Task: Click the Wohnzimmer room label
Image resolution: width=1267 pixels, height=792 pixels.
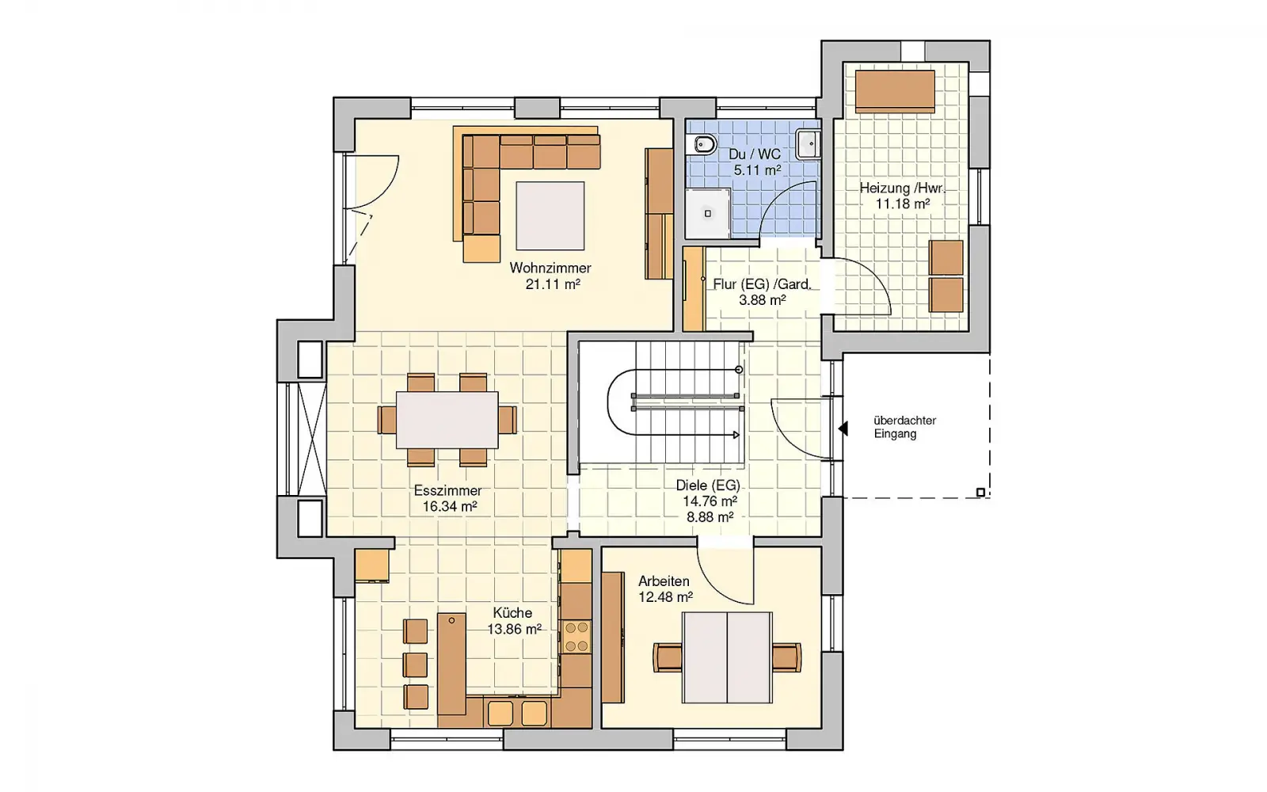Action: point(550,268)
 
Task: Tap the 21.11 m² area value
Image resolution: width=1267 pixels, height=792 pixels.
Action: point(553,284)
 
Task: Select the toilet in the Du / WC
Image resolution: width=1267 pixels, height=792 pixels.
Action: point(702,145)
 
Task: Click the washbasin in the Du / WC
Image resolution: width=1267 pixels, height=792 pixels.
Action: point(808,143)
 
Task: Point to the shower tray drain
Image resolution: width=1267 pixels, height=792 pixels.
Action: point(708,214)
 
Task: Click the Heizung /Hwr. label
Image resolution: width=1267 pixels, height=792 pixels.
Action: point(902,188)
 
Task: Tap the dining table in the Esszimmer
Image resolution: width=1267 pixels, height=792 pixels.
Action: point(447,420)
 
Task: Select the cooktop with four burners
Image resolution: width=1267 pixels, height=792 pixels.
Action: point(576,637)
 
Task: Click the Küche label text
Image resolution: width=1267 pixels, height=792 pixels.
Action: point(512,613)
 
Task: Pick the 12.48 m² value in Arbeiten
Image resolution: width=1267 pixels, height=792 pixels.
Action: point(666,597)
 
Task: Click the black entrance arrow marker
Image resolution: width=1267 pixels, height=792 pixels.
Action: point(843,428)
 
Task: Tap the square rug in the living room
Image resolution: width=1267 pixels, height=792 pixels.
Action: point(550,215)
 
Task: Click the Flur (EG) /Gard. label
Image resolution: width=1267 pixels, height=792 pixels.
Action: point(762,284)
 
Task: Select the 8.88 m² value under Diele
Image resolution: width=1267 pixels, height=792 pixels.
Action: point(710,516)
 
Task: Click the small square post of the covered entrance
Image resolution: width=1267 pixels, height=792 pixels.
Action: point(981,492)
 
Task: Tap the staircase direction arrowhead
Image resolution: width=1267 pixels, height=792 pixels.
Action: point(736,435)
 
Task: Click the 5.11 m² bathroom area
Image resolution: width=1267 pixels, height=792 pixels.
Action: point(757,169)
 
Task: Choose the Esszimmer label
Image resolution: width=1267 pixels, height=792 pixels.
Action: point(448,490)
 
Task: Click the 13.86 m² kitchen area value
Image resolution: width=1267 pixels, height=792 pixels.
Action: point(515,629)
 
